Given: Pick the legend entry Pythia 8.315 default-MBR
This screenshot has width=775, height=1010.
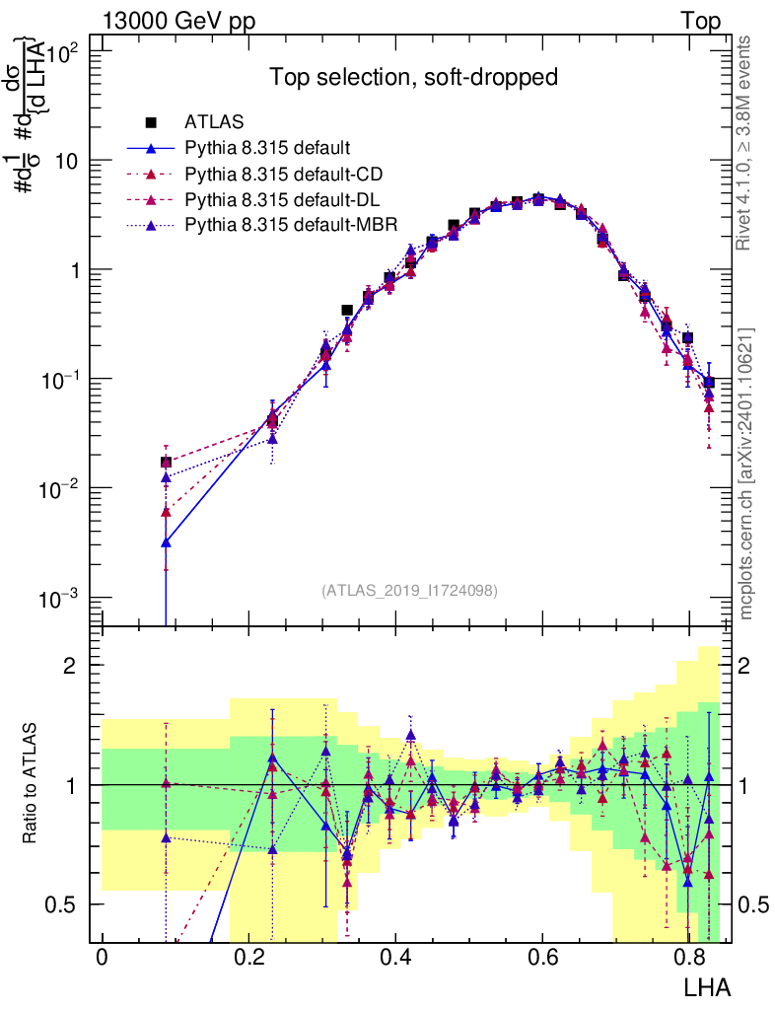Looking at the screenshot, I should [x=291, y=225].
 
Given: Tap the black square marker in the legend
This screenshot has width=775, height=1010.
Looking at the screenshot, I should [x=152, y=123].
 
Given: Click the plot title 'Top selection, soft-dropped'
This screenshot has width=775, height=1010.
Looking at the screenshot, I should [x=414, y=77].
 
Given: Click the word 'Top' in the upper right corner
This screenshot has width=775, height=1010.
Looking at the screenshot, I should [x=700, y=22].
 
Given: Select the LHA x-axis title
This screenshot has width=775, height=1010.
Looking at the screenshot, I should [x=706, y=985].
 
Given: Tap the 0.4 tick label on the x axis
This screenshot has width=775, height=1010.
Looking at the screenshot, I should [x=395, y=958].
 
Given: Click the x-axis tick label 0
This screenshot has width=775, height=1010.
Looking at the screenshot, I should [x=103, y=958].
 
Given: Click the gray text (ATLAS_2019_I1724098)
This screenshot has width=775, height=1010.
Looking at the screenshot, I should [x=409, y=591].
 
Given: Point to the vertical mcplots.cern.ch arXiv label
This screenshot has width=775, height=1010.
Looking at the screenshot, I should [x=746, y=473].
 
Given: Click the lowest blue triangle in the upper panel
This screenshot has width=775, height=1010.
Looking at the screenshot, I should [x=167, y=541].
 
